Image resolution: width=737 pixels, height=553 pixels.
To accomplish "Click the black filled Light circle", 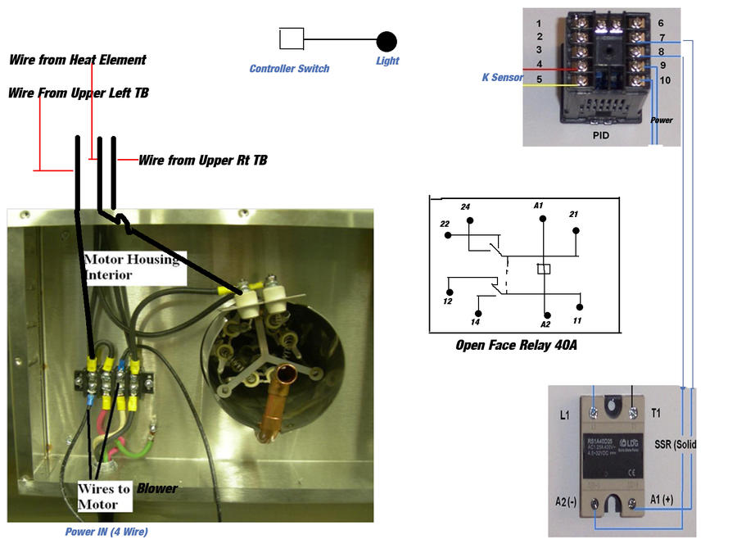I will point(387,41).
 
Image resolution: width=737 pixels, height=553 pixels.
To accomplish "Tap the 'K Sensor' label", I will point(502,78).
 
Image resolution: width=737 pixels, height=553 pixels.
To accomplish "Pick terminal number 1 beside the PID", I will point(539,23).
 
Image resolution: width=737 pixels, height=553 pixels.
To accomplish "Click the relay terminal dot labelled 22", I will point(448,236).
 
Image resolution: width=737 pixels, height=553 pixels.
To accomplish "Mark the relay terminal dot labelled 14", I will point(479,311).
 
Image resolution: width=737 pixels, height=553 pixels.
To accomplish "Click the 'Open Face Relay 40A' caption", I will point(516,346).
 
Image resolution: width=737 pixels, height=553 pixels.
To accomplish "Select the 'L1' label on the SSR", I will point(565,416).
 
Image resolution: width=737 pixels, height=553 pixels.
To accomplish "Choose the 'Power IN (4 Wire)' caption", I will point(106,533).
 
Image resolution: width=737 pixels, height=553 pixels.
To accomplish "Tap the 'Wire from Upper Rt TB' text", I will point(202,160).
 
